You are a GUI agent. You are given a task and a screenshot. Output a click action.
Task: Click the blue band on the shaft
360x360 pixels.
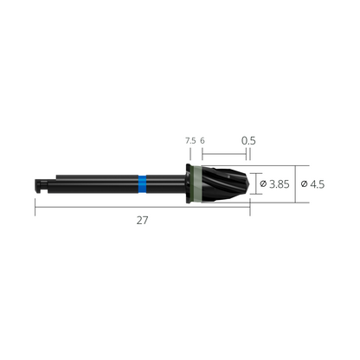(x=141, y=183)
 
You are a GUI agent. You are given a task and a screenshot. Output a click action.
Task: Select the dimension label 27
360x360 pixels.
(x=143, y=220)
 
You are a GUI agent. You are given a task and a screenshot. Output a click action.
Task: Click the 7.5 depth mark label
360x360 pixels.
(x=190, y=140)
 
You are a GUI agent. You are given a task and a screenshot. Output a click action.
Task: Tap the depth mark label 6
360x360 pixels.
(x=202, y=140)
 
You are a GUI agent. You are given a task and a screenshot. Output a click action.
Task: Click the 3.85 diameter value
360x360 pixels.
(x=279, y=184)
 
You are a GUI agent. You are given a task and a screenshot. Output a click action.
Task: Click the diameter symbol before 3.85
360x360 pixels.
(x=263, y=184)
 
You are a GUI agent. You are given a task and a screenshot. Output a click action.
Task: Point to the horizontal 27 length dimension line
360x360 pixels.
(x=87, y=205)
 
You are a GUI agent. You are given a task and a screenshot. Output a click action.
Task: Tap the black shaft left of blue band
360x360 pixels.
(x=95, y=183)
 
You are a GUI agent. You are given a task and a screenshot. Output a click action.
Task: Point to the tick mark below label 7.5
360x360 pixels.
(x=190, y=155)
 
